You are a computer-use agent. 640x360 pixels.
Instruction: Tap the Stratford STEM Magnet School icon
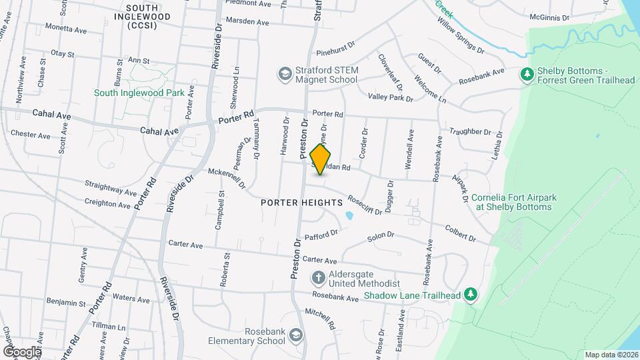tap(285, 73)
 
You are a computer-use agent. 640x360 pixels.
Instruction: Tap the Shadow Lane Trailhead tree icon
tap(471, 294)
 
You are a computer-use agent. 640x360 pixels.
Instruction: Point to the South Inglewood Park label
tap(139, 93)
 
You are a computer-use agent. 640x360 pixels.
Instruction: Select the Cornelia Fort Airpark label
tap(513, 202)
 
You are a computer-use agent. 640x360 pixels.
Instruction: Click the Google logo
tap(22, 351)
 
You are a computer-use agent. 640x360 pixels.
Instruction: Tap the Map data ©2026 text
tap(611, 355)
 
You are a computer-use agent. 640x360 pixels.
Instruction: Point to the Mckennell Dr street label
tap(227, 177)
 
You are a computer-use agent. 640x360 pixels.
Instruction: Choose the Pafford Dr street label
tap(321, 235)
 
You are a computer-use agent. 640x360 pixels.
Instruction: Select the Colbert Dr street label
tap(461, 233)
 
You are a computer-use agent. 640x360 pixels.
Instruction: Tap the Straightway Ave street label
tap(111, 187)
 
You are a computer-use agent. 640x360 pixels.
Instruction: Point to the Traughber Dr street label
tap(470, 132)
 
